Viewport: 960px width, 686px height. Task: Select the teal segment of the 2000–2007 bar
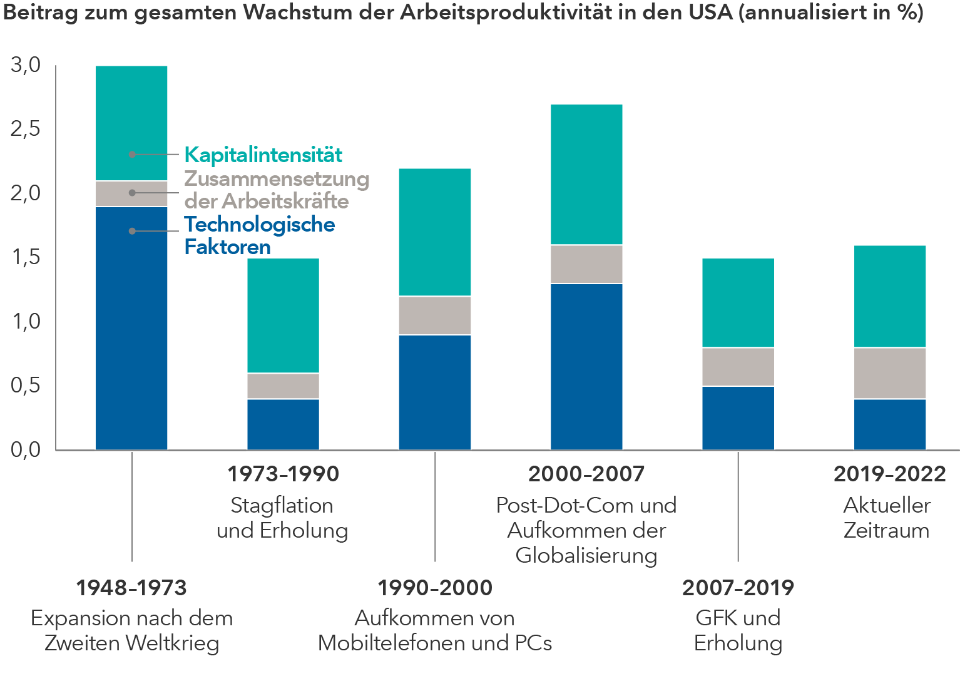[586, 175]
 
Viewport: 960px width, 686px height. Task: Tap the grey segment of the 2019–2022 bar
[890, 373]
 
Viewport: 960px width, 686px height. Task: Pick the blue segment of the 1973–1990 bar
[283, 424]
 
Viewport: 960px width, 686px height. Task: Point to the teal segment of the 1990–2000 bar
[435, 232]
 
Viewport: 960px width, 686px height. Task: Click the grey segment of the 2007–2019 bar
[738, 367]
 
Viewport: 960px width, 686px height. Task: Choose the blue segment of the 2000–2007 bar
[586, 367]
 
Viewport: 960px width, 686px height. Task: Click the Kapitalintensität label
[263, 155]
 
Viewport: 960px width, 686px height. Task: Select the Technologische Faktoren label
[259, 235]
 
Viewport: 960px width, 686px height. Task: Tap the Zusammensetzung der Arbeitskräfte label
[276, 190]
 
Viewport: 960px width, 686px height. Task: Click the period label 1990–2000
[435, 588]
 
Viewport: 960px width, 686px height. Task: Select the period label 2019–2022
[889, 474]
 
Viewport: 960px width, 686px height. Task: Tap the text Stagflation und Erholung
[282, 518]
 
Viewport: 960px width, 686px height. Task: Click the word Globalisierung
[586, 555]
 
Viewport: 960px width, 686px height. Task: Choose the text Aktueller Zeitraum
[887, 518]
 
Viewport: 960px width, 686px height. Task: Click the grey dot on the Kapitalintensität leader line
[132, 154]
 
